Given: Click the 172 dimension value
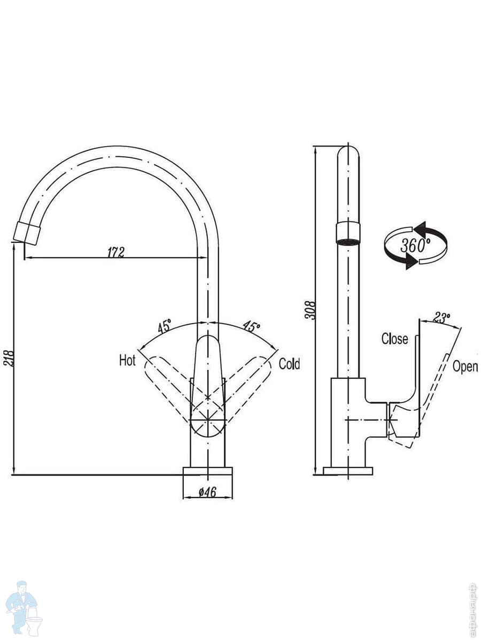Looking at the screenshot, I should tap(115, 252).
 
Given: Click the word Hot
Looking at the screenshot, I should tap(127, 361).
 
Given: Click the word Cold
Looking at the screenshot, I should tap(290, 364).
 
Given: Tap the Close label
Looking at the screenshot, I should tap(394, 339).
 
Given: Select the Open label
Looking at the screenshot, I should tap(465, 366).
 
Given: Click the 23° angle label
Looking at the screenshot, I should tap(440, 318).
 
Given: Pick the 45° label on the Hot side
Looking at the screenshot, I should tap(164, 325).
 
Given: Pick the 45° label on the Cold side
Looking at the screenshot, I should tap(252, 325).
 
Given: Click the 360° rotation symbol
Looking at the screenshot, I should tap(415, 246).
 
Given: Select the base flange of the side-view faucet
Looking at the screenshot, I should tap(348, 471).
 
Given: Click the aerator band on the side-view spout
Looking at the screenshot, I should tap(348, 233).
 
